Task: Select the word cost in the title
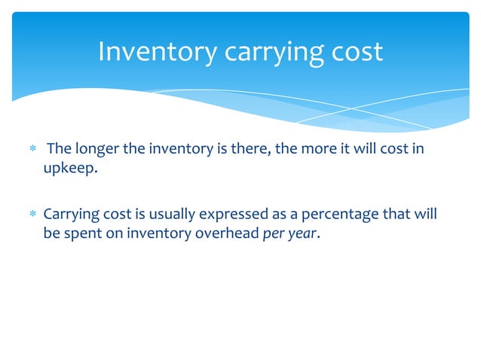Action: tap(356, 53)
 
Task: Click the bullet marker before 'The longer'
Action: tap(32, 150)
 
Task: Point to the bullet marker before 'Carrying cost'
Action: tap(32, 215)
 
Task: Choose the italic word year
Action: tap(302, 233)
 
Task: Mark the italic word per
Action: tap(273, 234)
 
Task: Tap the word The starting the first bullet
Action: tap(59, 148)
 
